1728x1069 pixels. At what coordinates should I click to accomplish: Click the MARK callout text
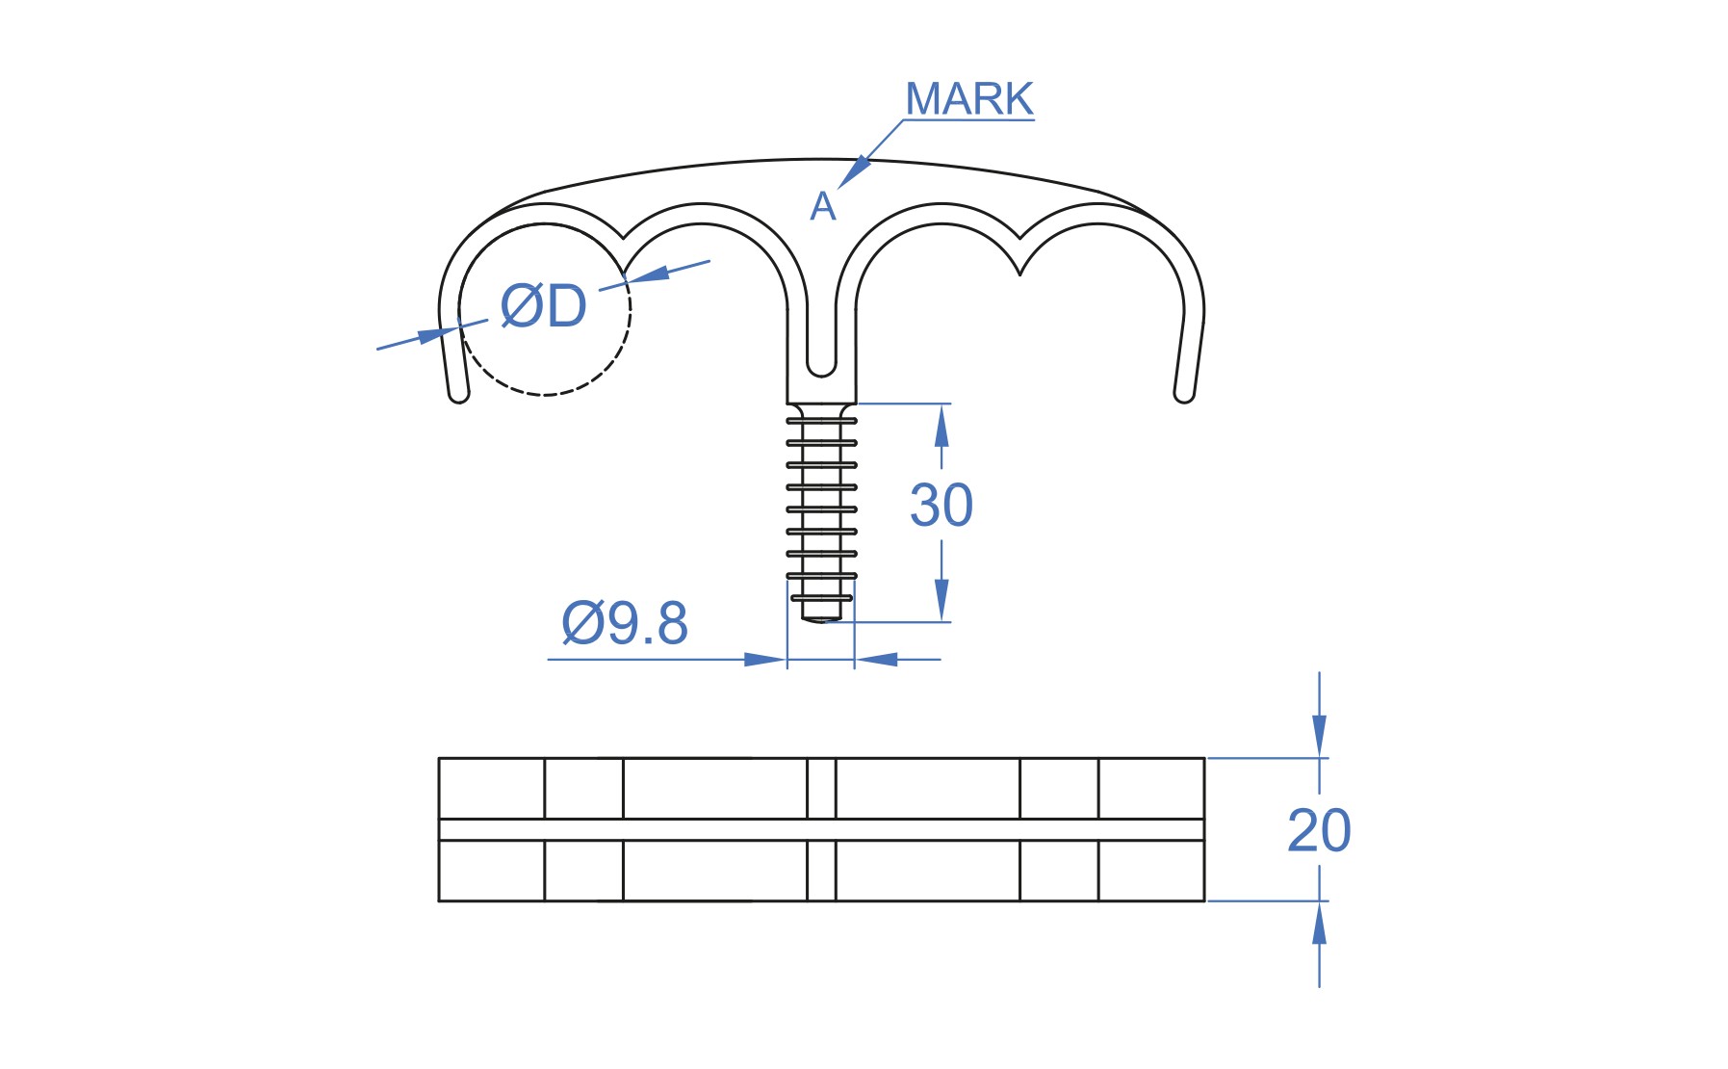click(969, 99)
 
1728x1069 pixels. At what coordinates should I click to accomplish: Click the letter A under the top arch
click(823, 206)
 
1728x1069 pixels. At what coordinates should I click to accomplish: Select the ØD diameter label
click(543, 306)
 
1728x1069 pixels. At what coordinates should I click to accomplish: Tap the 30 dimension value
click(941, 505)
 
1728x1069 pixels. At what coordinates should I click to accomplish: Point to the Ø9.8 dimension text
click(625, 622)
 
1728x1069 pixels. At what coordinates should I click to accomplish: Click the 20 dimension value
click(1319, 830)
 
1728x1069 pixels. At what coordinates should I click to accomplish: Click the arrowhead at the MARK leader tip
click(853, 172)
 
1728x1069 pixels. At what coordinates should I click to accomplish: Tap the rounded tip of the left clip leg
click(459, 395)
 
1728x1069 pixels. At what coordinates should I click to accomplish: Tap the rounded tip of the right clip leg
click(1184, 395)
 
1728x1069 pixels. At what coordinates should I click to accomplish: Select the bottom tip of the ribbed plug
click(821, 618)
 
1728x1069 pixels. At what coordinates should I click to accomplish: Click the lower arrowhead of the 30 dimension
click(941, 600)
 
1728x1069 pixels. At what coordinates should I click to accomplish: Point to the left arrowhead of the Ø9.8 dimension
click(766, 660)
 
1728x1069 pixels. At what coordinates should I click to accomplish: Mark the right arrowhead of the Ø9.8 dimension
click(876, 660)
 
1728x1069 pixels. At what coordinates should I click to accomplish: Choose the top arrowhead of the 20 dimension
click(1319, 736)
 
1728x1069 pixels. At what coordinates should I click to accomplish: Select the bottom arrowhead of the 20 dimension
click(1319, 923)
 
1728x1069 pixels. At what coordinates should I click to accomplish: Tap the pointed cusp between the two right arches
click(1020, 274)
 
